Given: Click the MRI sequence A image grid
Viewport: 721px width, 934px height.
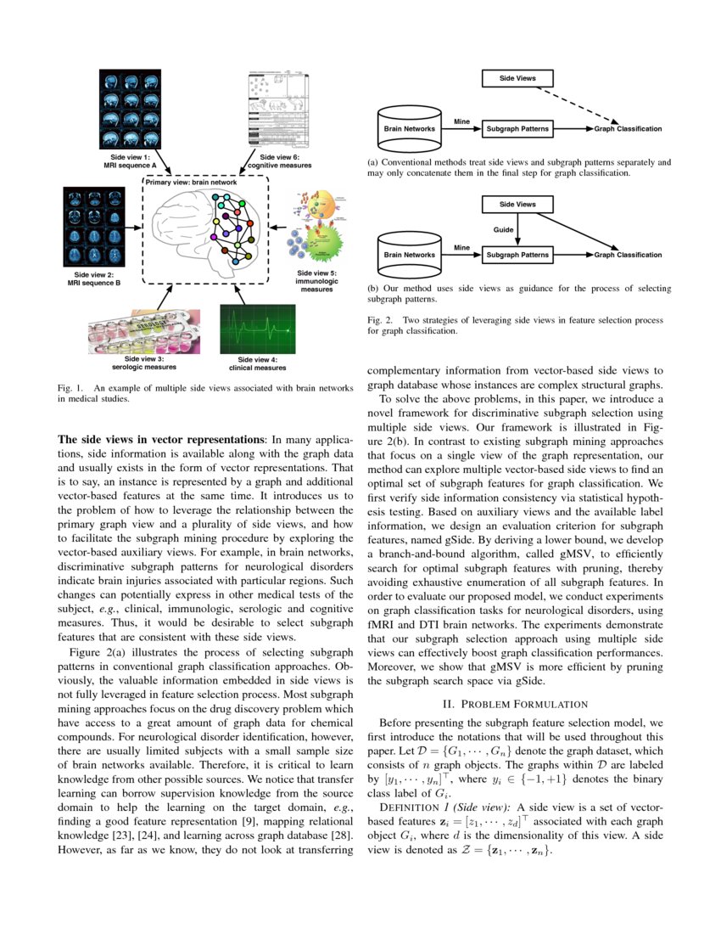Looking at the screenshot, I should pos(128,109).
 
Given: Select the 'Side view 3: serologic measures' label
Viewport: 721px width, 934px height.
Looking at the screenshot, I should pos(143,364).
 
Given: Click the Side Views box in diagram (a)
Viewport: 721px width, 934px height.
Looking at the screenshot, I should pos(517,79).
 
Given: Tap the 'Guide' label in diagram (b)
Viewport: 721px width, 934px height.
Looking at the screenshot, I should pos(504,230).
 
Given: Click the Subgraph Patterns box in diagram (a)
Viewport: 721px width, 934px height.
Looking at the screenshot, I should pos(517,129).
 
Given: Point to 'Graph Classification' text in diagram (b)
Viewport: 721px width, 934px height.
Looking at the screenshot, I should pos(628,255).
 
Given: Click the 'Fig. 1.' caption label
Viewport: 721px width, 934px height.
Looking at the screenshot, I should pos(68,387).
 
